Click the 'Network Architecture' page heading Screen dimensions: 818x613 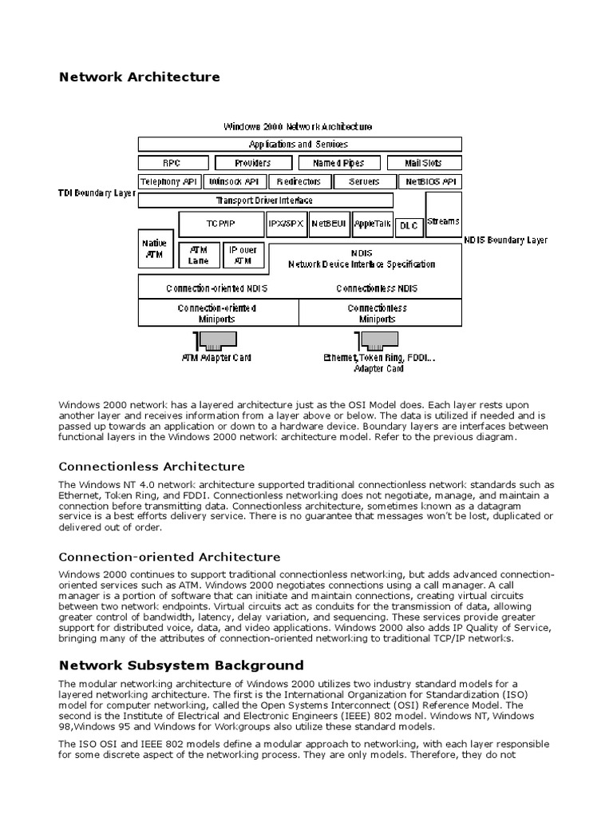coord(139,77)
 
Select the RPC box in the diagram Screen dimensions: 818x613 coord(172,163)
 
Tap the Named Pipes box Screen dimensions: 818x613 coord(338,163)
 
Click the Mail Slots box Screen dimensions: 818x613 coord(423,163)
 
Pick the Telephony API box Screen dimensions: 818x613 coord(168,182)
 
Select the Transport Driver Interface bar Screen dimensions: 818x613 coord(265,201)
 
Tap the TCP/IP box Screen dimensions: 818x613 coord(220,224)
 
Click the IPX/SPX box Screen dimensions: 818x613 coord(286,224)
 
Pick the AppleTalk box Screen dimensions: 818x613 coord(373,224)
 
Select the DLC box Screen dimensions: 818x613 coord(409,226)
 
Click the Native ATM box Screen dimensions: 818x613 coord(154,248)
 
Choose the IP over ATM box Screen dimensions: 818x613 coord(243,255)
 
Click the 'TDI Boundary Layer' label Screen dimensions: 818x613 coord(97,194)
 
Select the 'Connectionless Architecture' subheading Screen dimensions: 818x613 coord(152,467)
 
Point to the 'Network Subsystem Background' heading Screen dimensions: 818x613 coord(181,665)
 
